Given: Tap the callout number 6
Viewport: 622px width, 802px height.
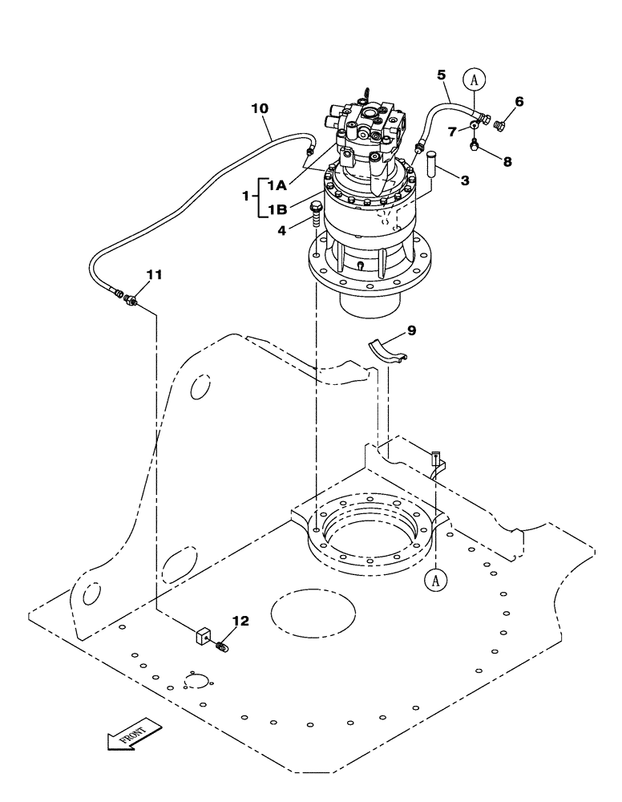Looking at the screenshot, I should (x=519, y=102).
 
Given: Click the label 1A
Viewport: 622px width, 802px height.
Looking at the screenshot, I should (x=277, y=186).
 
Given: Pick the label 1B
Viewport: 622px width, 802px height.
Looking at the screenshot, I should (x=277, y=210).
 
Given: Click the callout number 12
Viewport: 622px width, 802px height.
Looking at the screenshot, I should (x=240, y=621).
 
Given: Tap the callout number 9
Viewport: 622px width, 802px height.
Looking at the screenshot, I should (x=410, y=330).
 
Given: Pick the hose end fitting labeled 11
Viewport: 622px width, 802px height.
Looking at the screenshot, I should (x=128, y=298).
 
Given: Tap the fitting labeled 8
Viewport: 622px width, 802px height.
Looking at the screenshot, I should (x=475, y=145).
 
